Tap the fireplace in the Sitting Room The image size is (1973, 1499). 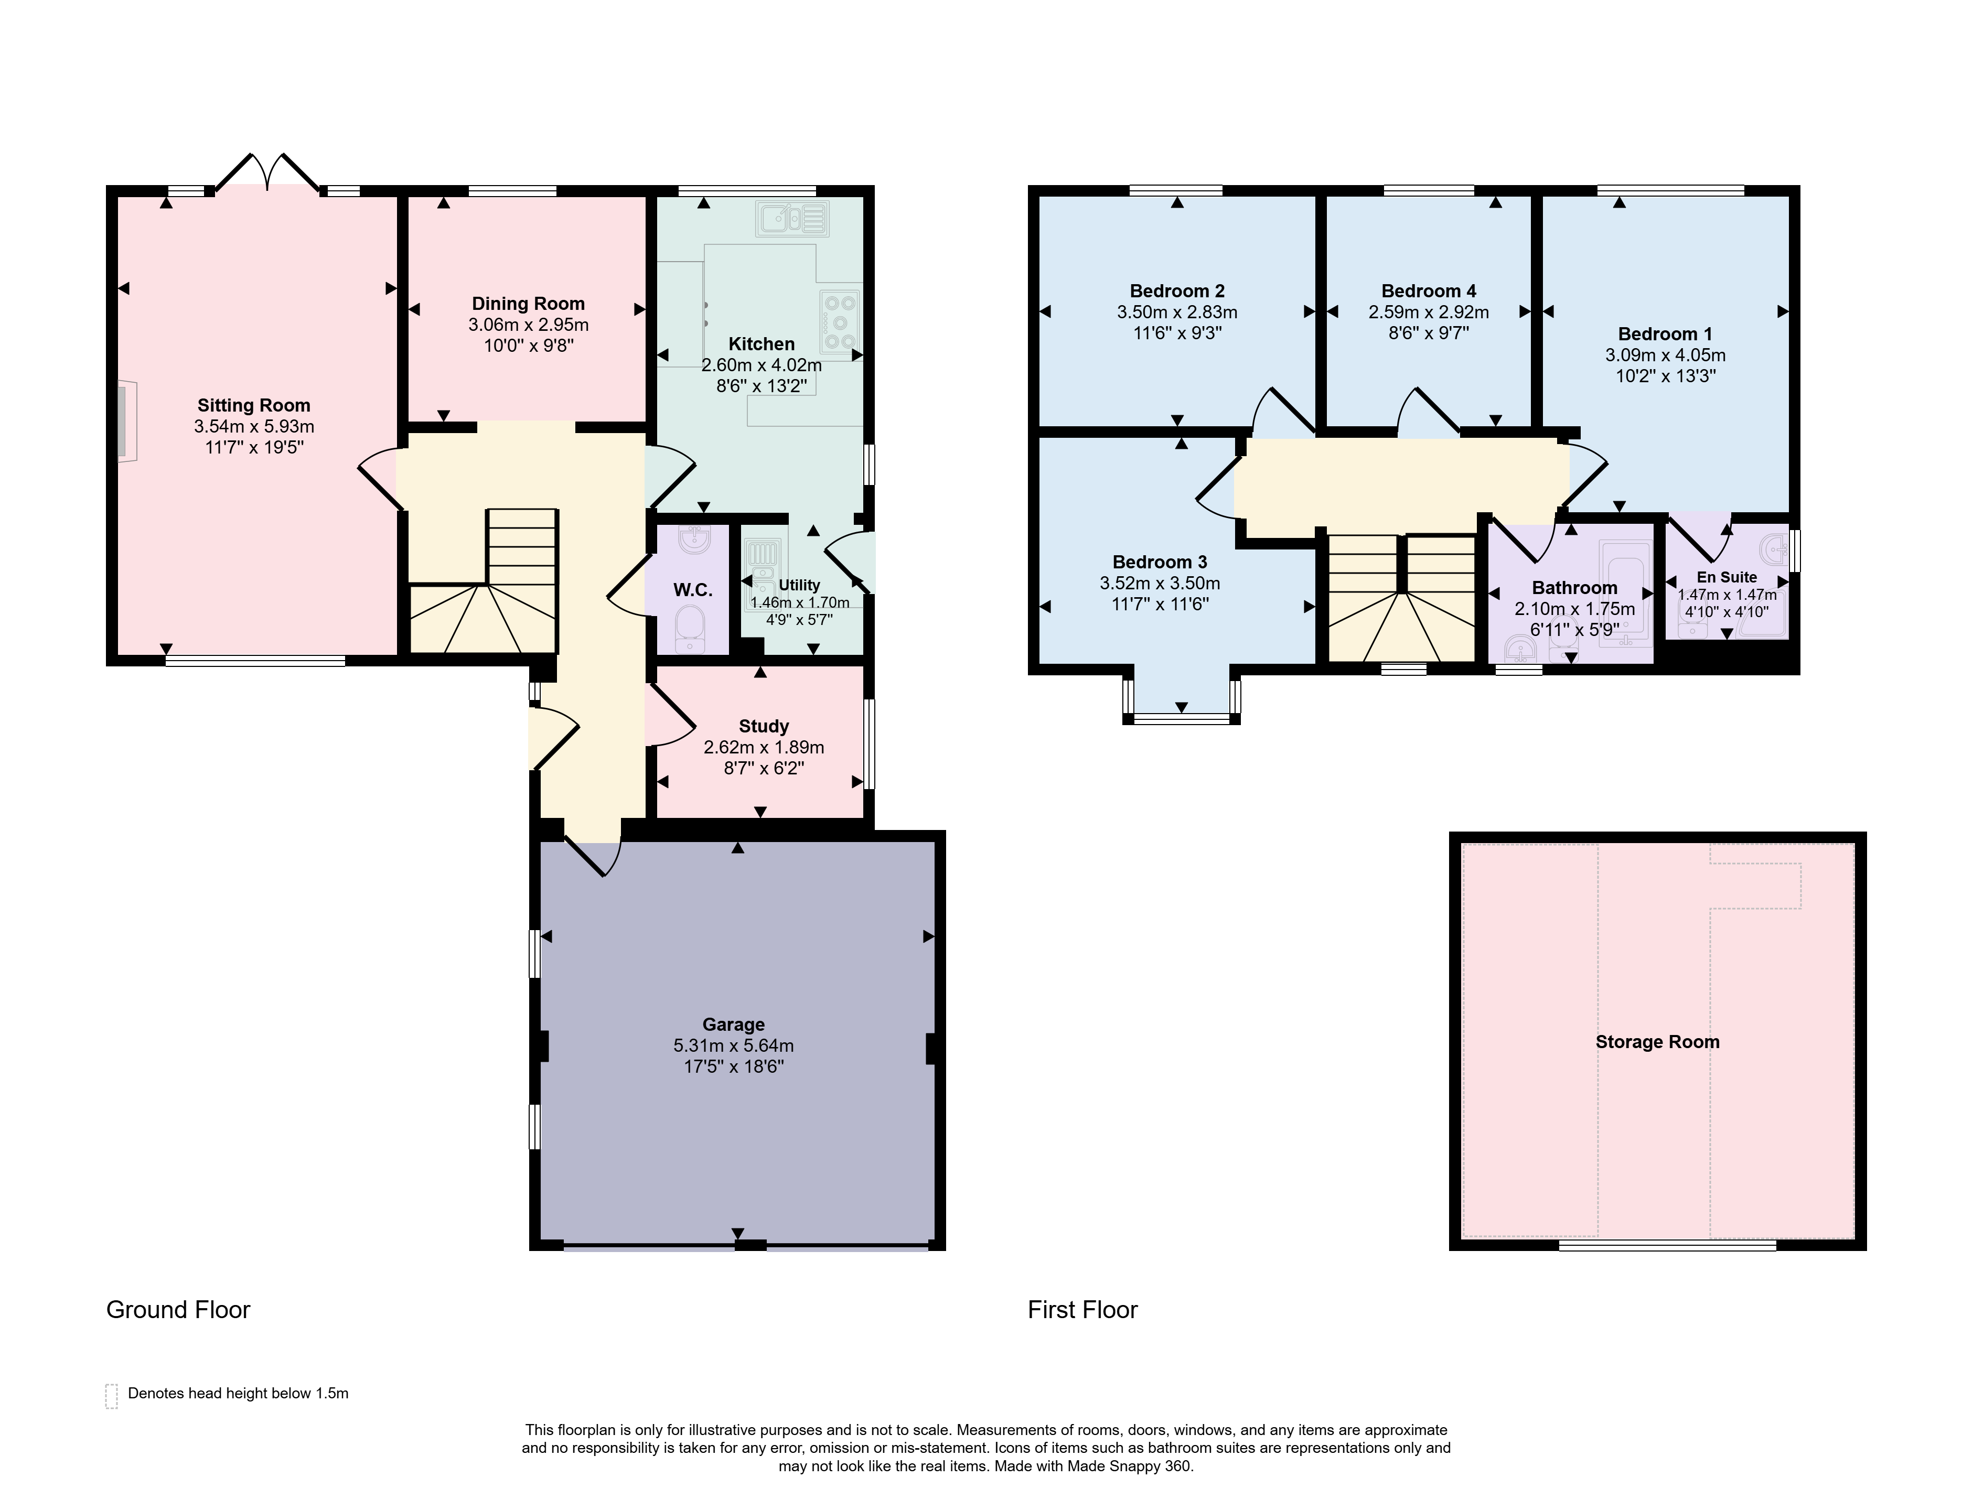tap(126, 421)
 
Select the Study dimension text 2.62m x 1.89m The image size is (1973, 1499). tap(764, 747)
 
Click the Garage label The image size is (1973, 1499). tap(734, 1025)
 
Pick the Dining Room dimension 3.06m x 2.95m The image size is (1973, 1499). tap(528, 325)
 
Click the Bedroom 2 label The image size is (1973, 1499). tap(1177, 291)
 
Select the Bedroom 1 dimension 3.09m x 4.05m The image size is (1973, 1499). tap(1665, 355)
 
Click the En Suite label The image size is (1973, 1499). tap(1727, 577)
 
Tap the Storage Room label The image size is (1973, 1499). tap(1657, 1042)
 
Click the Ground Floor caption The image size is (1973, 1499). tap(178, 1310)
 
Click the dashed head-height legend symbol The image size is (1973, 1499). tap(112, 1396)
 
